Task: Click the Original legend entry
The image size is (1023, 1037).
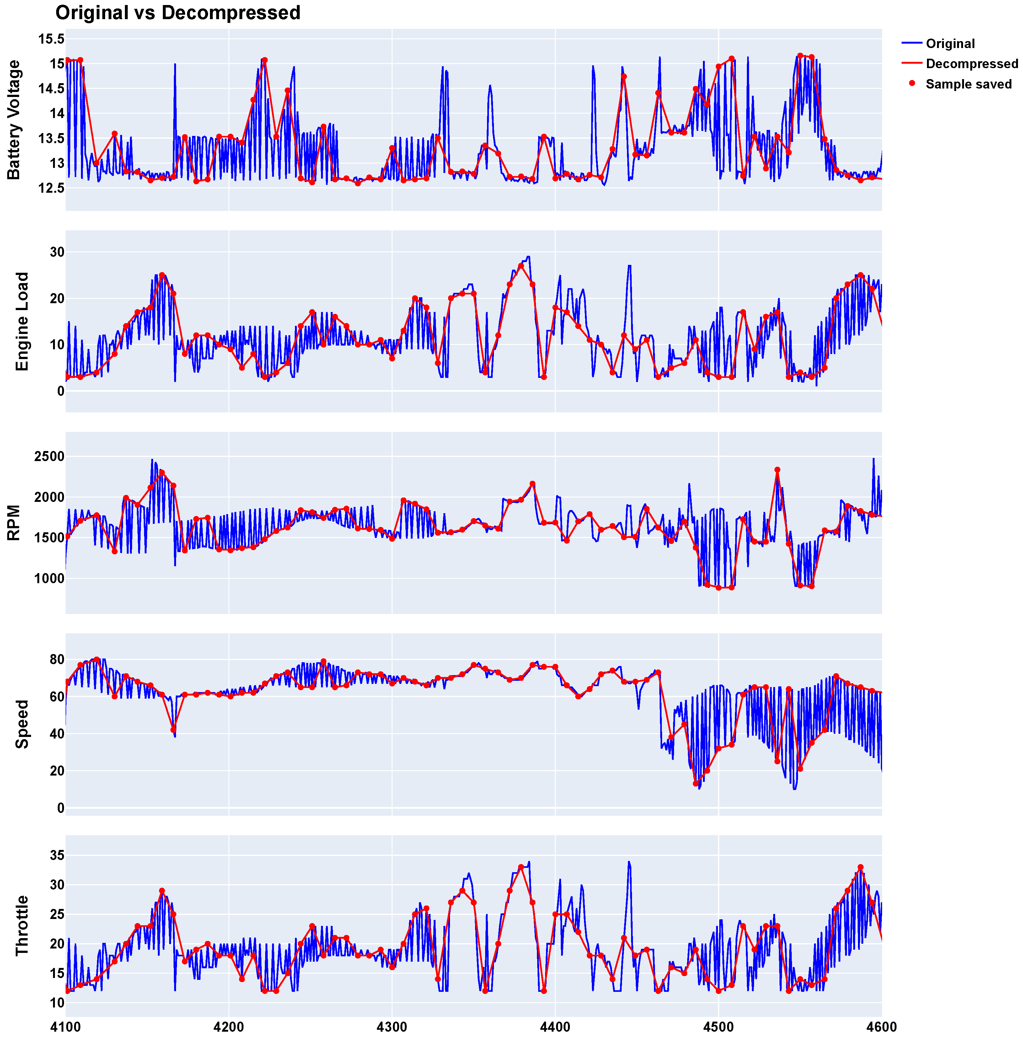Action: tap(950, 44)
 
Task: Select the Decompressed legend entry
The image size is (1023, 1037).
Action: tap(972, 64)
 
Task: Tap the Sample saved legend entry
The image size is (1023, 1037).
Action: tap(968, 84)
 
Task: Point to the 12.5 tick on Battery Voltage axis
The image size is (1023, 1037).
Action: tap(51, 188)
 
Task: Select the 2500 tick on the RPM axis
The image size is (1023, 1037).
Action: tap(49, 457)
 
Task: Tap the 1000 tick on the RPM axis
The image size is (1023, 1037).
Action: tap(49, 579)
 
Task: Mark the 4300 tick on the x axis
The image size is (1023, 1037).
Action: tap(392, 1027)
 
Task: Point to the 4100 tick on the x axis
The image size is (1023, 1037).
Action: tap(66, 1027)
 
